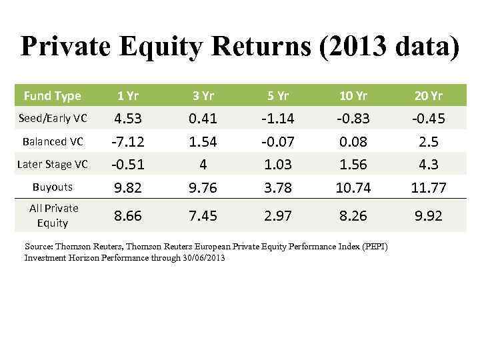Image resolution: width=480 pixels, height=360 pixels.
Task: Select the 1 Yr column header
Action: point(127,96)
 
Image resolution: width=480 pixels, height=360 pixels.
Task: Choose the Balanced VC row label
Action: point(54,141)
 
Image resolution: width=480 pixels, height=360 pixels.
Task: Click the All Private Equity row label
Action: point(54,215)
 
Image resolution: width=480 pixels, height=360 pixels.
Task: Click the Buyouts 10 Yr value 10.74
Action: point(354,188)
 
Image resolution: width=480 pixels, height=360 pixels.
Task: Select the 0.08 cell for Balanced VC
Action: point(354,142)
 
